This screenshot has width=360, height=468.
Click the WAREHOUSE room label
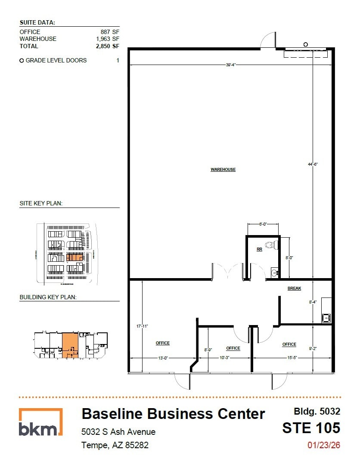(x=223, y=170)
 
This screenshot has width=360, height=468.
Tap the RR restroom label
(x=259, y=249)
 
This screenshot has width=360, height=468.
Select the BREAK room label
(x=295, y=288)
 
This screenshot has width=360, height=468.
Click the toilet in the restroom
(x=271, y=245)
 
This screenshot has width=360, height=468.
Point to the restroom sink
(x=274, y=272)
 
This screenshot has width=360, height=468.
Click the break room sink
(x=326, y=318)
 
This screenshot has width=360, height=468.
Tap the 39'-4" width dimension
(x=230, y=65)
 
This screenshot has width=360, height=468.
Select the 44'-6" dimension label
(x=313, y=164)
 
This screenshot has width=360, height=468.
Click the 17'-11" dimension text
(x=142, y=326)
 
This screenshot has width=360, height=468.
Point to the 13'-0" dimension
(x=163, y=358)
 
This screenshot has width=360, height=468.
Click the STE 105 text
(x=311, y=428)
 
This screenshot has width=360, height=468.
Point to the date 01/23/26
(x=323, y=445)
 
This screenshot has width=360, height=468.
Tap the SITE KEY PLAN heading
(x=41, y=203)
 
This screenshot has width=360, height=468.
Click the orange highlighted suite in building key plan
(x=70, y=345)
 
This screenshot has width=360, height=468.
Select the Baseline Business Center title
(x=173, y=414)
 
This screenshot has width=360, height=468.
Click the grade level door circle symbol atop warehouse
(x=305, y=44)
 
